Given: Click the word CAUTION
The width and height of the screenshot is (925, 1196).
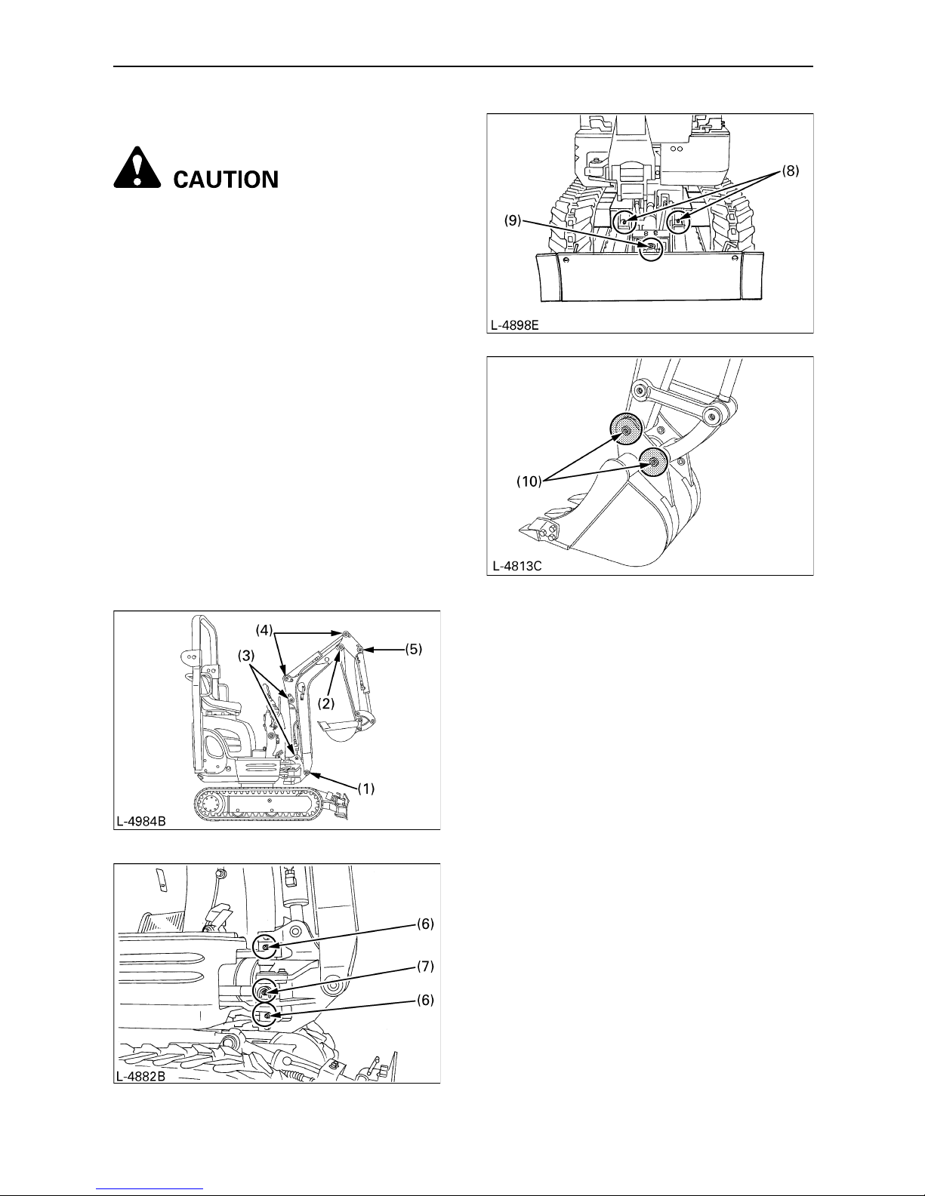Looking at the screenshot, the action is (227, 180).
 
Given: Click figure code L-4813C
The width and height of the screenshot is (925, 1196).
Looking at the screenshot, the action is (515, 567).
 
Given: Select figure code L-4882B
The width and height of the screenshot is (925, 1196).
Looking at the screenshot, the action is (141, 1076).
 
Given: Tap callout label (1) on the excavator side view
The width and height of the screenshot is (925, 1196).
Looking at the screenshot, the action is (366, 789).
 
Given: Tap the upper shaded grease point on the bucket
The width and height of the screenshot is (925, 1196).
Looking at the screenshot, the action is (626, 429).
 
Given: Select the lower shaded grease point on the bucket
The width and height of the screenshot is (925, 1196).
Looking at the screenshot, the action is (652, 462).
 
